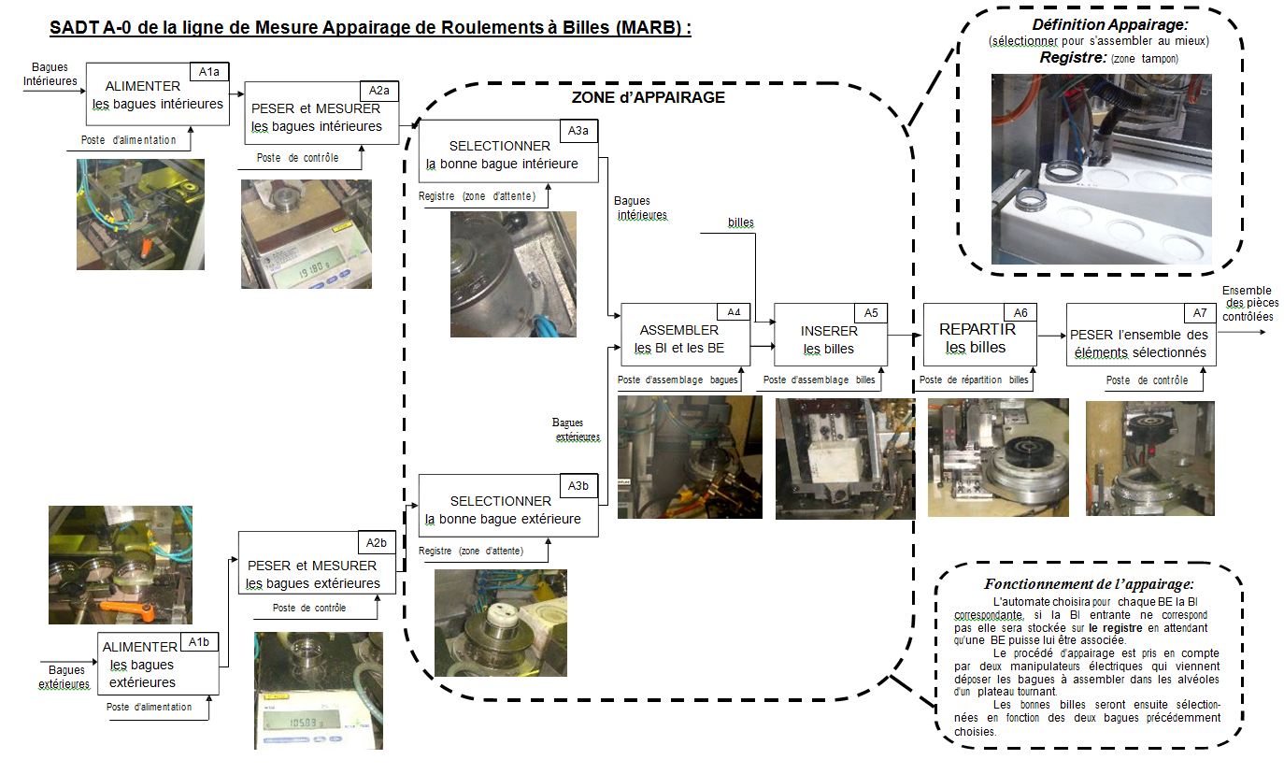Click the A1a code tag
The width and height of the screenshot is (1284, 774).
[x=209, y=72]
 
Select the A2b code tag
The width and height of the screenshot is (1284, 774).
[x=376, y=542]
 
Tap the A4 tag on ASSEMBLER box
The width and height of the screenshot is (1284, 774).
[x=734, y=312]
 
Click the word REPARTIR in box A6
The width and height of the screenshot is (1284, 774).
[x=977, y=329]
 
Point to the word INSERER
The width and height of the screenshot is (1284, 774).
[x=829, y=331]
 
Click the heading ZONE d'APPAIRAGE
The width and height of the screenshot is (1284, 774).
[x=648, y=97]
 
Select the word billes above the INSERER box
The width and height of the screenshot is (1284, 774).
[x=741, y=222]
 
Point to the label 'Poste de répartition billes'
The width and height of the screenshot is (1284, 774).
[x=974, y=380]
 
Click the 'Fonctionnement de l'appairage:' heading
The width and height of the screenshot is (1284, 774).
[x=1089, y=584]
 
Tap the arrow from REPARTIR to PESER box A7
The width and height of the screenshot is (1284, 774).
[x=1051, y=336]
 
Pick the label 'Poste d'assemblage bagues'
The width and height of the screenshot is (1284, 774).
[x=678, y=380]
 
